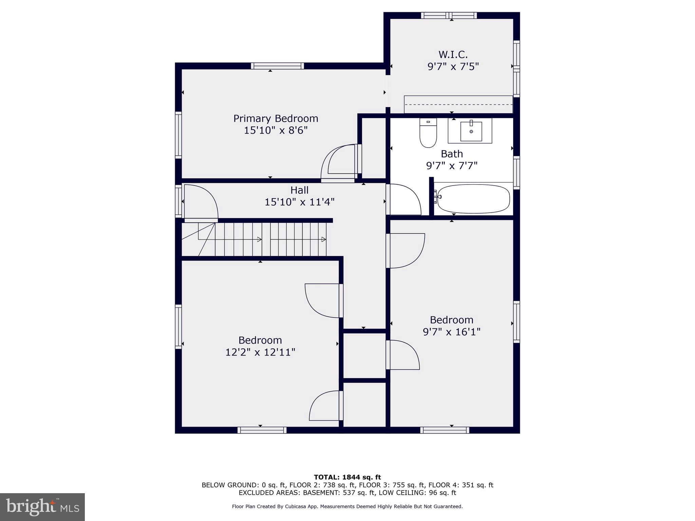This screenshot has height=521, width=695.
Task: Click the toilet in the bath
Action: click(428, 133)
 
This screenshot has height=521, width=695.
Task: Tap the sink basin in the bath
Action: click(471, 132)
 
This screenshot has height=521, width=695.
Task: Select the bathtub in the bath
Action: click(473, 199)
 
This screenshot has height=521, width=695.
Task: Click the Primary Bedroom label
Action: click(276, 119)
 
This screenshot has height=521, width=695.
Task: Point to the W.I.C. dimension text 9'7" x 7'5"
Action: click(453, 66)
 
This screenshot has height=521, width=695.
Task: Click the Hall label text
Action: click(299, 190)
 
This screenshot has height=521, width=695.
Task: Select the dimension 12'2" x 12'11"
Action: click(260, 352)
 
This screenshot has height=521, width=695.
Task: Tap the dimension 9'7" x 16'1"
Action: click(451, 332)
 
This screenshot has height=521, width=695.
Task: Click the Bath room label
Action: click(452, 154)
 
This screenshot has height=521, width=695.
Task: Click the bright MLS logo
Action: click(42, 507)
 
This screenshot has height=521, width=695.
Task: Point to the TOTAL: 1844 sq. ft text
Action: click(347, 477)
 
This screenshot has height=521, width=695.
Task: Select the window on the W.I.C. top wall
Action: click(449, 16)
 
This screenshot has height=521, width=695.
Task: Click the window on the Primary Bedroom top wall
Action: click(277, 66)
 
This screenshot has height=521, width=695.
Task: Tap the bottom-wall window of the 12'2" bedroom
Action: click(262, 430)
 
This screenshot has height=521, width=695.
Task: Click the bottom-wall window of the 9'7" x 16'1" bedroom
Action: click(445, 430)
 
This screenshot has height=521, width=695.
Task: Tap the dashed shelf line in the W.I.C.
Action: click(458, 104)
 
